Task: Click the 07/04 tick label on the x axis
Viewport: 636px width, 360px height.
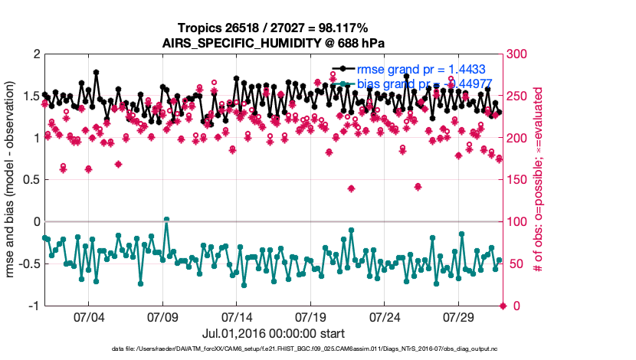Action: (88, 316)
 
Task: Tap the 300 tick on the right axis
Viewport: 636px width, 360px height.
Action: (518, 54)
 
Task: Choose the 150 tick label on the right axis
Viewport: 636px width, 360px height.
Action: (518, 180)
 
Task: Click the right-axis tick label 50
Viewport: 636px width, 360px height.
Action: (515, 264)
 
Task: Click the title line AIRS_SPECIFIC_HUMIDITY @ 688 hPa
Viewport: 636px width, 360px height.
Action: (274, 43)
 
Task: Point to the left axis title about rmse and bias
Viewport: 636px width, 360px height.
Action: (13, 180)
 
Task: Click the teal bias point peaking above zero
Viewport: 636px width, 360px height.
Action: (166, 220)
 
